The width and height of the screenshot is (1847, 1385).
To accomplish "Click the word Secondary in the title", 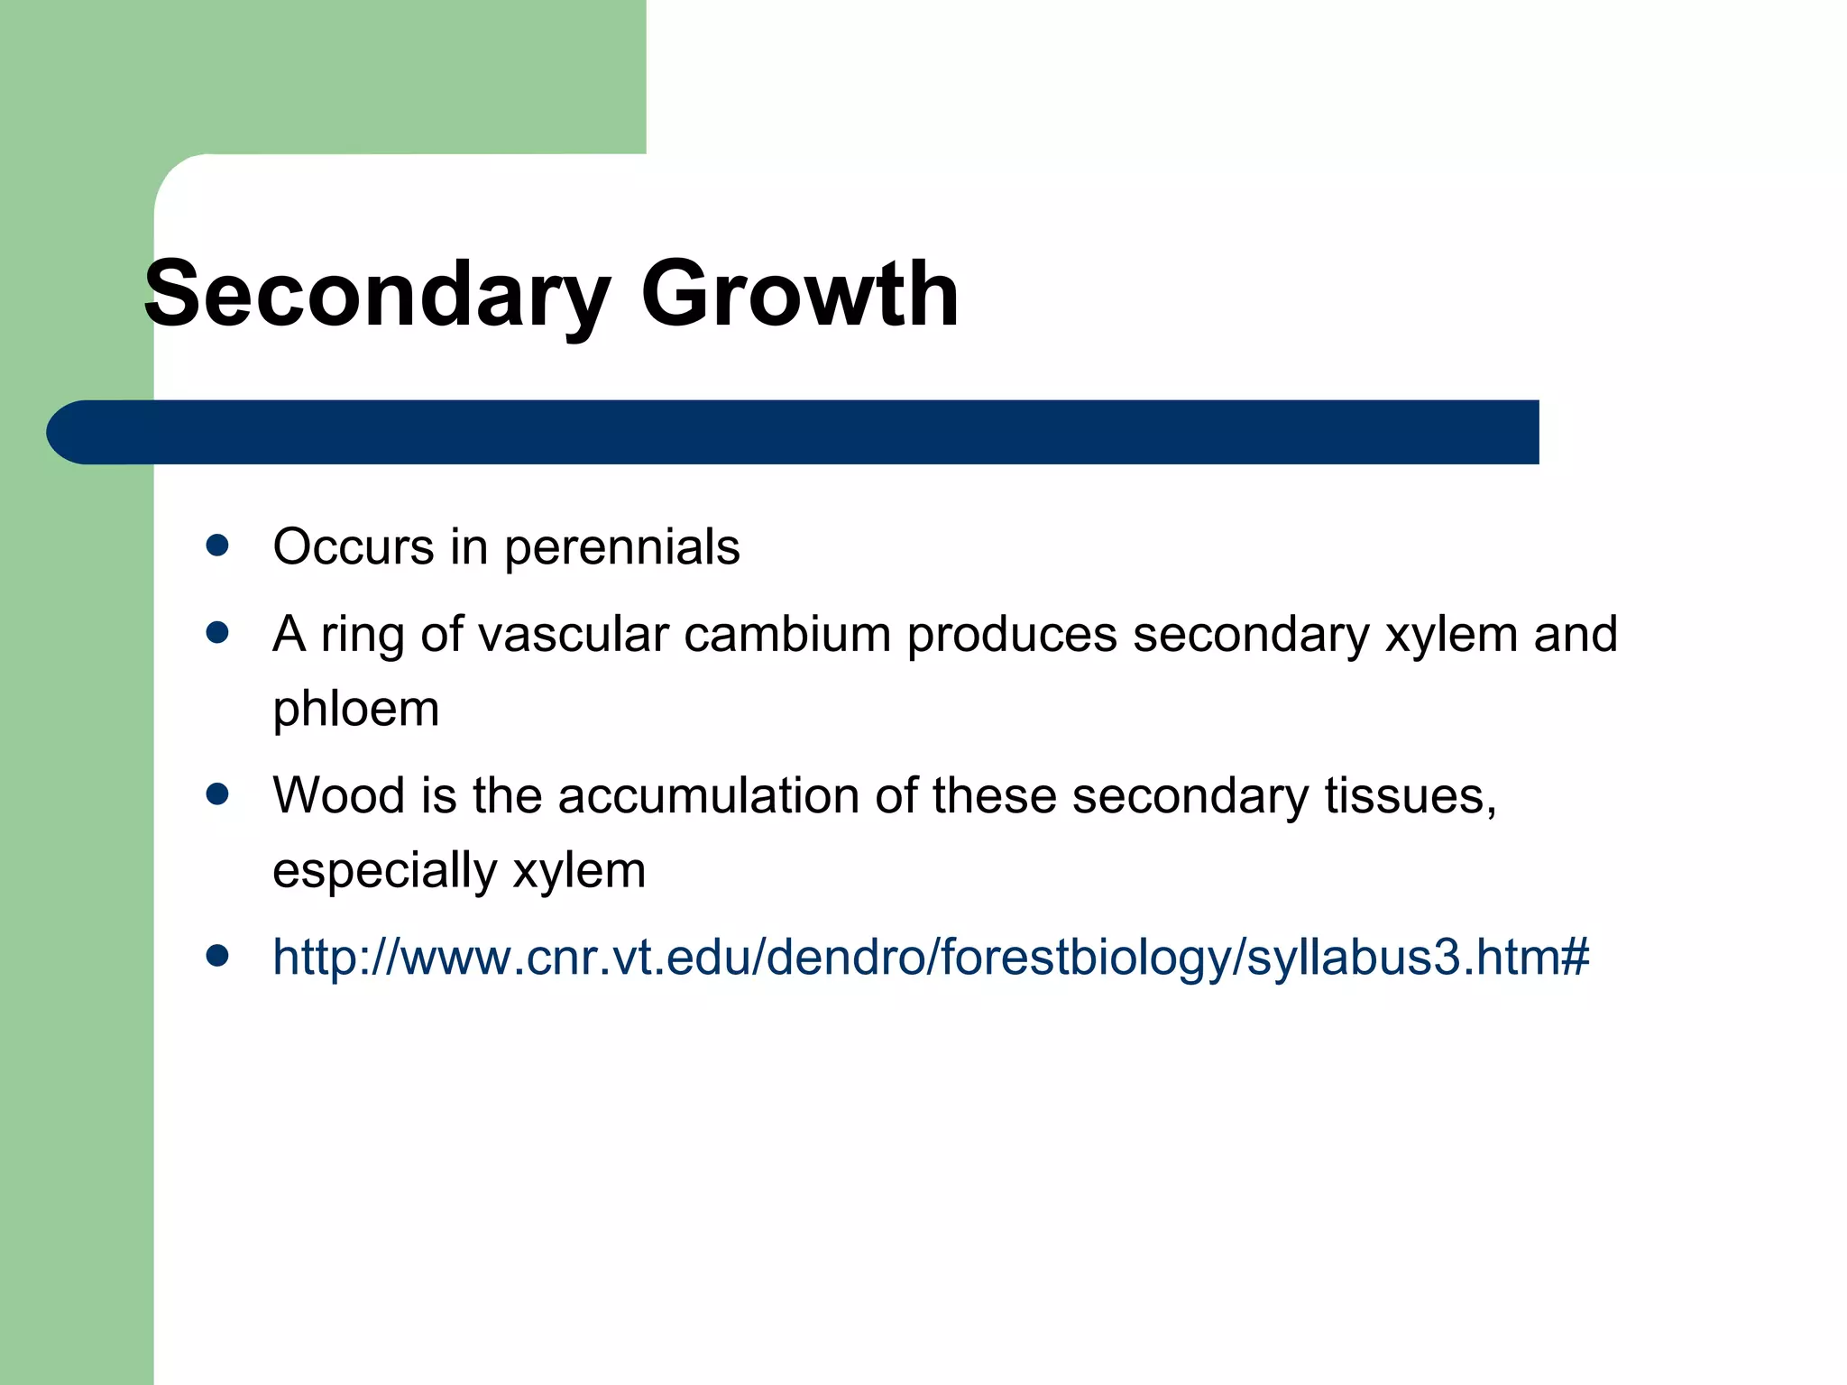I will coord(377,295).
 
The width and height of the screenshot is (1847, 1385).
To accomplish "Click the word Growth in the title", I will coord(799,293).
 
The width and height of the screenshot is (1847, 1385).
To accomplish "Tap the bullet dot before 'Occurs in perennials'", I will coord(217,546).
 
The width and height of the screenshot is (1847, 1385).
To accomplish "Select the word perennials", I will coord(621,547).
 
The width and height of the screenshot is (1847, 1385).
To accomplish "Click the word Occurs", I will coord(354,547).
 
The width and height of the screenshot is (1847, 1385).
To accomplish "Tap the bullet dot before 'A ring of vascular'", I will coord(217,633).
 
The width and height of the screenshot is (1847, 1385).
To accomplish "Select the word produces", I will coord(1012,635).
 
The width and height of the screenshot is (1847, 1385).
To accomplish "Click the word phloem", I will coord(356,709).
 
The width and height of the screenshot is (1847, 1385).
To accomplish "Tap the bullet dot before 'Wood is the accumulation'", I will coord(217,794).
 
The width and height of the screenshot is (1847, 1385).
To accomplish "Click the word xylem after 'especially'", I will coord(579,871).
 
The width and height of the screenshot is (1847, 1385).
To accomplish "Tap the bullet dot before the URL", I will coord(217,956).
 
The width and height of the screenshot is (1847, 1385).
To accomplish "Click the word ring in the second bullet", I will coord(362,635).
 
